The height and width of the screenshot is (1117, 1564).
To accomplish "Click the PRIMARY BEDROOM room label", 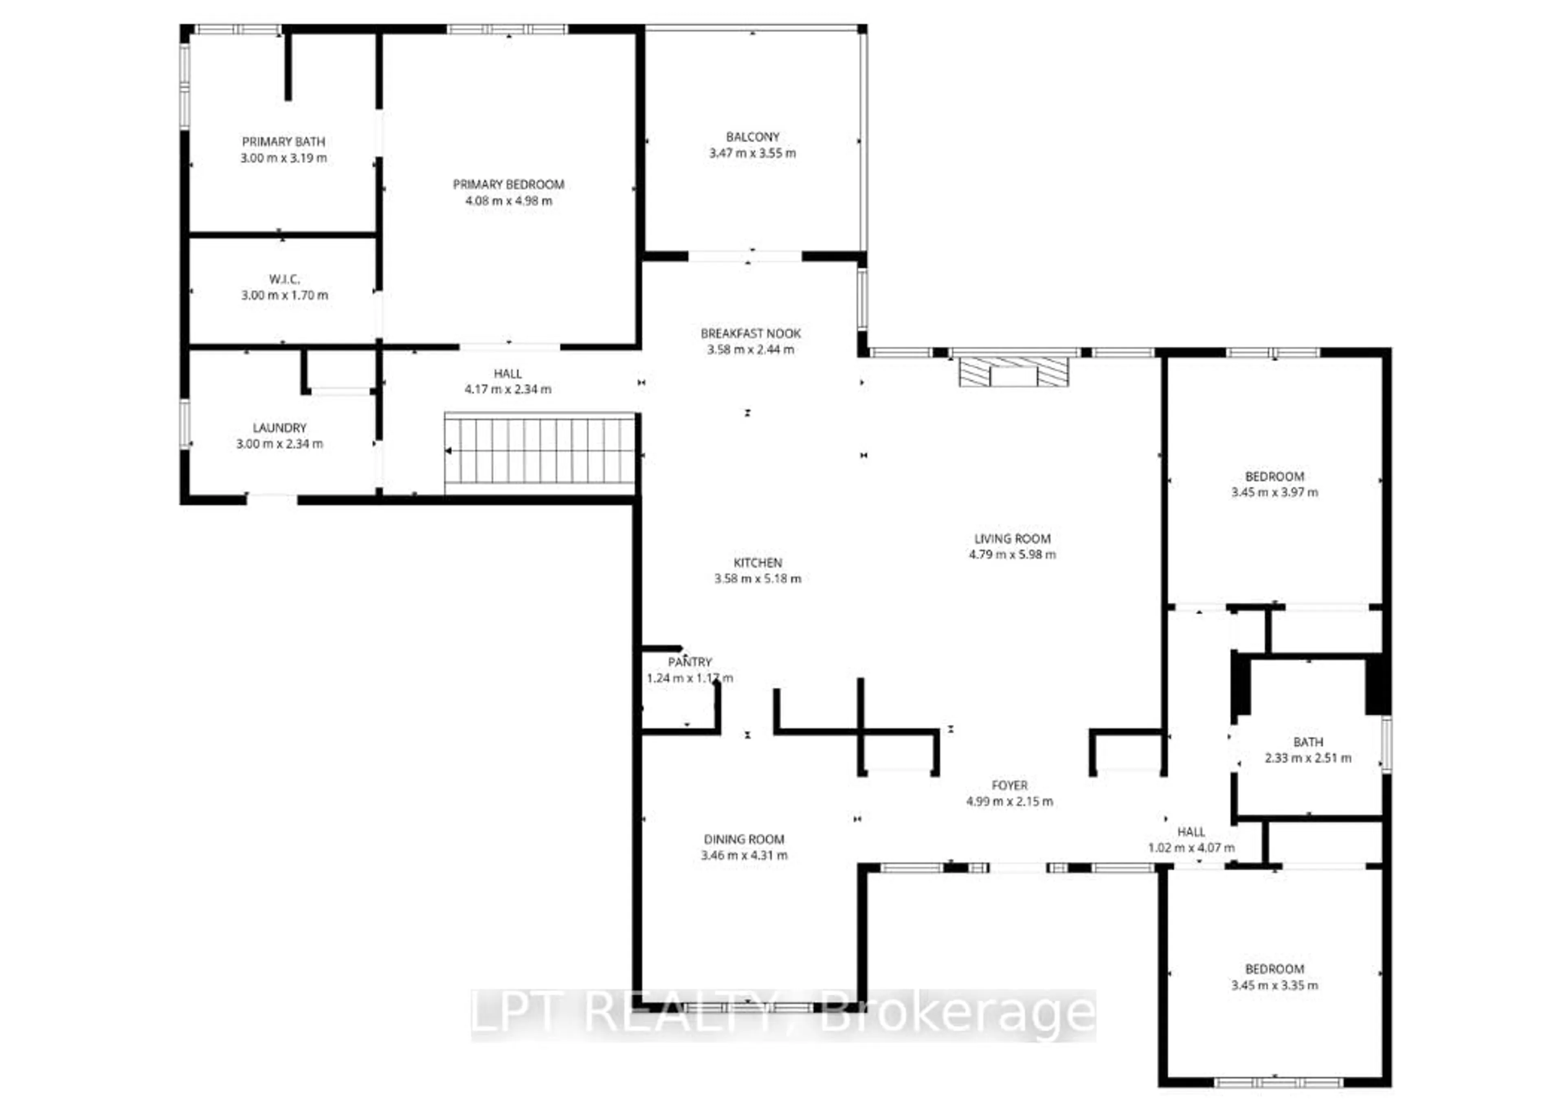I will (x=508, y=184).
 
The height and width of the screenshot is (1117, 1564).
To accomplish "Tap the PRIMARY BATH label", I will (x=283, y=142).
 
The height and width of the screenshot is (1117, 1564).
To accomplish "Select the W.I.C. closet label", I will (x=284, y=279).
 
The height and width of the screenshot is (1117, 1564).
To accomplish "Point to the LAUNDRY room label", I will (x=279, y=428).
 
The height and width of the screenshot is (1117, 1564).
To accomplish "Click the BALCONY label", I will (x=752, y=137).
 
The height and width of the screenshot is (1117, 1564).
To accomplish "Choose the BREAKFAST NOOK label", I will (x=750, y=334).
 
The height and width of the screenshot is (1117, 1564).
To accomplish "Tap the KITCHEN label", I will (x=757, y=563).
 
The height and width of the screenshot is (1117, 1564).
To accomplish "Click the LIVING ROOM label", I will (x=1012, y=539).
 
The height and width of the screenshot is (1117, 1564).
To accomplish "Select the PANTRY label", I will (x=689, y=662).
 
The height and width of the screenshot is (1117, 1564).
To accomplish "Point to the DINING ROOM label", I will (x=743, y=839).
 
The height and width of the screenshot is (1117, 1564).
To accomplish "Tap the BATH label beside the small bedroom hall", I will (x=1307, y=742).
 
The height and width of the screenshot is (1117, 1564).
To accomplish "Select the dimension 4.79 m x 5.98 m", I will (x=1012, y=554).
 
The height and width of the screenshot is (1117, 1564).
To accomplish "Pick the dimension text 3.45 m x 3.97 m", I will (x=1274, y=492).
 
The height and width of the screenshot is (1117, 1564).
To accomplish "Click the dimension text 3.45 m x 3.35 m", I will (x=1274, y=985).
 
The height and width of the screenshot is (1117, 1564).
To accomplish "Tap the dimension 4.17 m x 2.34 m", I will (x=507, y=389).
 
